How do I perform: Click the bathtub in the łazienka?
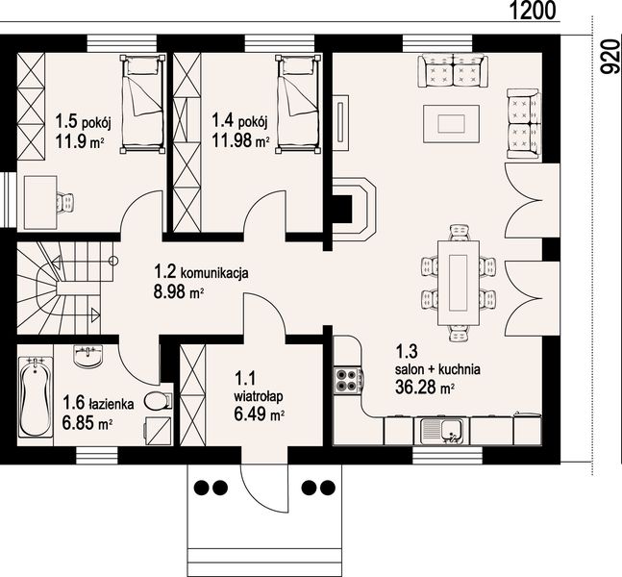(x=36, y=397)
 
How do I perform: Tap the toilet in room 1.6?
(x=159, y=401)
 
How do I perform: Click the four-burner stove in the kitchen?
(x=348, y=381)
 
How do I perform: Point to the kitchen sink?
(x=442, y=431)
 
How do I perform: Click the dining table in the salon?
(x=458, y=282)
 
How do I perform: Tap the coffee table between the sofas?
(x=451, y=123)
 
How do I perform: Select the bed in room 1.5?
(x=143, y=103)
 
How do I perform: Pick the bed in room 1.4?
(x=298, y=103)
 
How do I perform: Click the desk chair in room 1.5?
(x=65, y=203)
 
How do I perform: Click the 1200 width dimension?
(x=532, y=11)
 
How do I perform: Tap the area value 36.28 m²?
(x=425, y=387)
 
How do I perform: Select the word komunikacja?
(x=214, y=273)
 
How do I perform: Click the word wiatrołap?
(x=259, y=396)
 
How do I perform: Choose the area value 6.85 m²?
(x=87, y=423)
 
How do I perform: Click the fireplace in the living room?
(x=353, y=209)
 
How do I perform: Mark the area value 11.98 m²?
(x=240, y=140)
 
